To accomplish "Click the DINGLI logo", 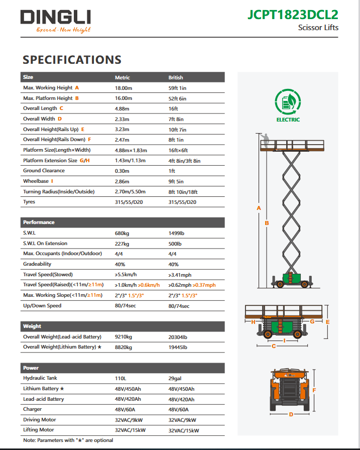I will click(55, 19).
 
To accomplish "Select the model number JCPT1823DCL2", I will click(293, 15).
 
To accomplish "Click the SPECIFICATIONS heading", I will click(72, 60).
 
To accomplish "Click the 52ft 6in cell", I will click(177, 98).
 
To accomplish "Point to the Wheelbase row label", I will click(36, 181).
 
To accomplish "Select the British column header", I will click(176, 78).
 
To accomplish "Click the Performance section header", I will click(39, 222).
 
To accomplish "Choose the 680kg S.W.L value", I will click(122, 234).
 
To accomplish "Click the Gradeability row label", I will click(38, 264).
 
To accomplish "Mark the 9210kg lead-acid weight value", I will click(123, 336).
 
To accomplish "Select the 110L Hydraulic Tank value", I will click(121, 378).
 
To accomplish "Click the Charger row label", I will click(33, 409).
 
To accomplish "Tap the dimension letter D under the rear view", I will click(291, 414).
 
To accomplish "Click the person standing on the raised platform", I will click(266, 141).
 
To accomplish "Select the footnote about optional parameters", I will click(68, 440).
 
